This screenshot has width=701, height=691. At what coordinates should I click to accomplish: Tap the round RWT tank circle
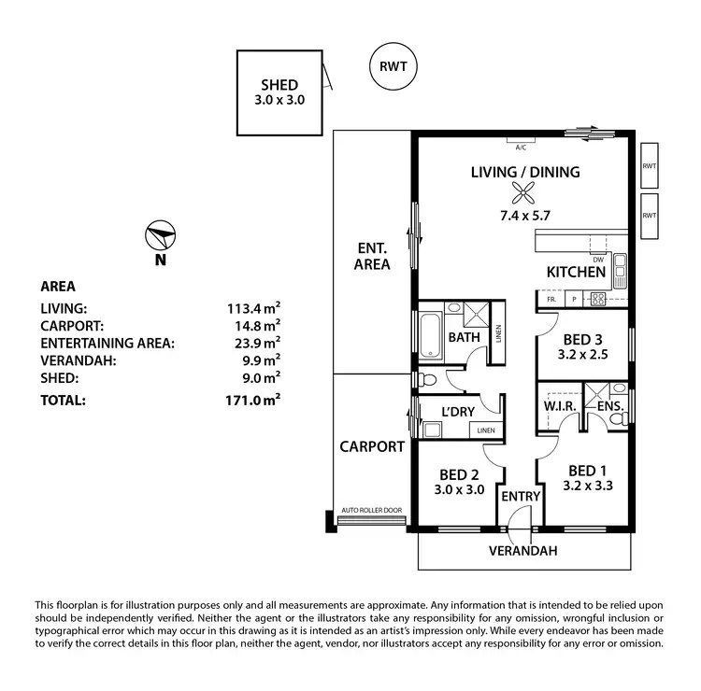point(393,66)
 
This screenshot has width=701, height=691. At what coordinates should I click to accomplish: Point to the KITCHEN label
point(577,273)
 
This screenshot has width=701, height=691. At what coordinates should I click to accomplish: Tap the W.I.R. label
point(558,406)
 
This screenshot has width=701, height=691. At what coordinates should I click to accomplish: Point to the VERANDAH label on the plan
point(523,551)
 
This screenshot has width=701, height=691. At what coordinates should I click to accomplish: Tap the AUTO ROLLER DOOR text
point(372,510)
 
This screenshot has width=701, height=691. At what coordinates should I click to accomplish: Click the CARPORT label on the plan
point(371,446)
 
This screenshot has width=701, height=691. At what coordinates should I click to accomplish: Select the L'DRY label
point(459,411)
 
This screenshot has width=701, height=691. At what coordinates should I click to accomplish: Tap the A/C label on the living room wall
point(521,148)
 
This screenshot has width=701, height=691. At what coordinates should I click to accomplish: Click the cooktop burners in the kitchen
point(598,300)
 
